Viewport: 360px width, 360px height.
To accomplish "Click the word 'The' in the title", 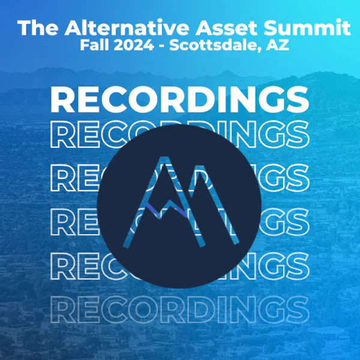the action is coord(38,28).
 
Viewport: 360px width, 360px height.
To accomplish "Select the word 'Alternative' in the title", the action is coord(127,28).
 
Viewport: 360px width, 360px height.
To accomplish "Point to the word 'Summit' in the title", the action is coord(307,28).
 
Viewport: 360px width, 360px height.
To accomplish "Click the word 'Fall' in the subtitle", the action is coord(94,45).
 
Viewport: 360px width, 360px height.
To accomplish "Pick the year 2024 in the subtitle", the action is coord(134,45).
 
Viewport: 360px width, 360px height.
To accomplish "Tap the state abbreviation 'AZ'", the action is coord(277,45).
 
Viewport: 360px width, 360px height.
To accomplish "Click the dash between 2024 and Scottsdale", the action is coord(161,47).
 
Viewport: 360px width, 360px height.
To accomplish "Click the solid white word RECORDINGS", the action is coord(180,100).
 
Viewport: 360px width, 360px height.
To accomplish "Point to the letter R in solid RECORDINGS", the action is coord(62,100).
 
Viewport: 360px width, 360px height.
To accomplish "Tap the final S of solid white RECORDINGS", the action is coord(298,100).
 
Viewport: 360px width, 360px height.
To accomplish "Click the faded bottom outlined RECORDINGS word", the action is coord(180,309).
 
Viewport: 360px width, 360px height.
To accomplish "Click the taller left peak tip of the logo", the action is coord(166,157).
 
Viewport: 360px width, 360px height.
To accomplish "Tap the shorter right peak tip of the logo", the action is coord(200,166).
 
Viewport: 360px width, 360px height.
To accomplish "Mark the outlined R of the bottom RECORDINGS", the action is coord(62,309).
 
